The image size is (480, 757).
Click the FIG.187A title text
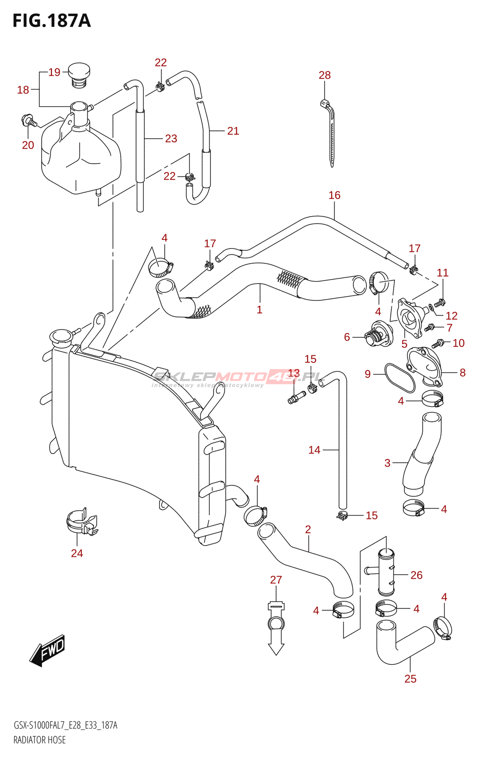[x=51, y=21]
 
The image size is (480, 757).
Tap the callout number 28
[x=325, y=75]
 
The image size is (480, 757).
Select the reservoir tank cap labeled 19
[x=79, y=75]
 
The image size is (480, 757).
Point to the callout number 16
[x=334, y=195]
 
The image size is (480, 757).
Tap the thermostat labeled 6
[x=379, y=334]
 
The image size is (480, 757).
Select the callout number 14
[x=314, y=450]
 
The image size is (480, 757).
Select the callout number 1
[x=259, y=309]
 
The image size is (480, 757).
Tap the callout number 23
[x=171, y=139]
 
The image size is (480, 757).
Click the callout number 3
[x=387, y=463]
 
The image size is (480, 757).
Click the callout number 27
[x=276, y=580]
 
